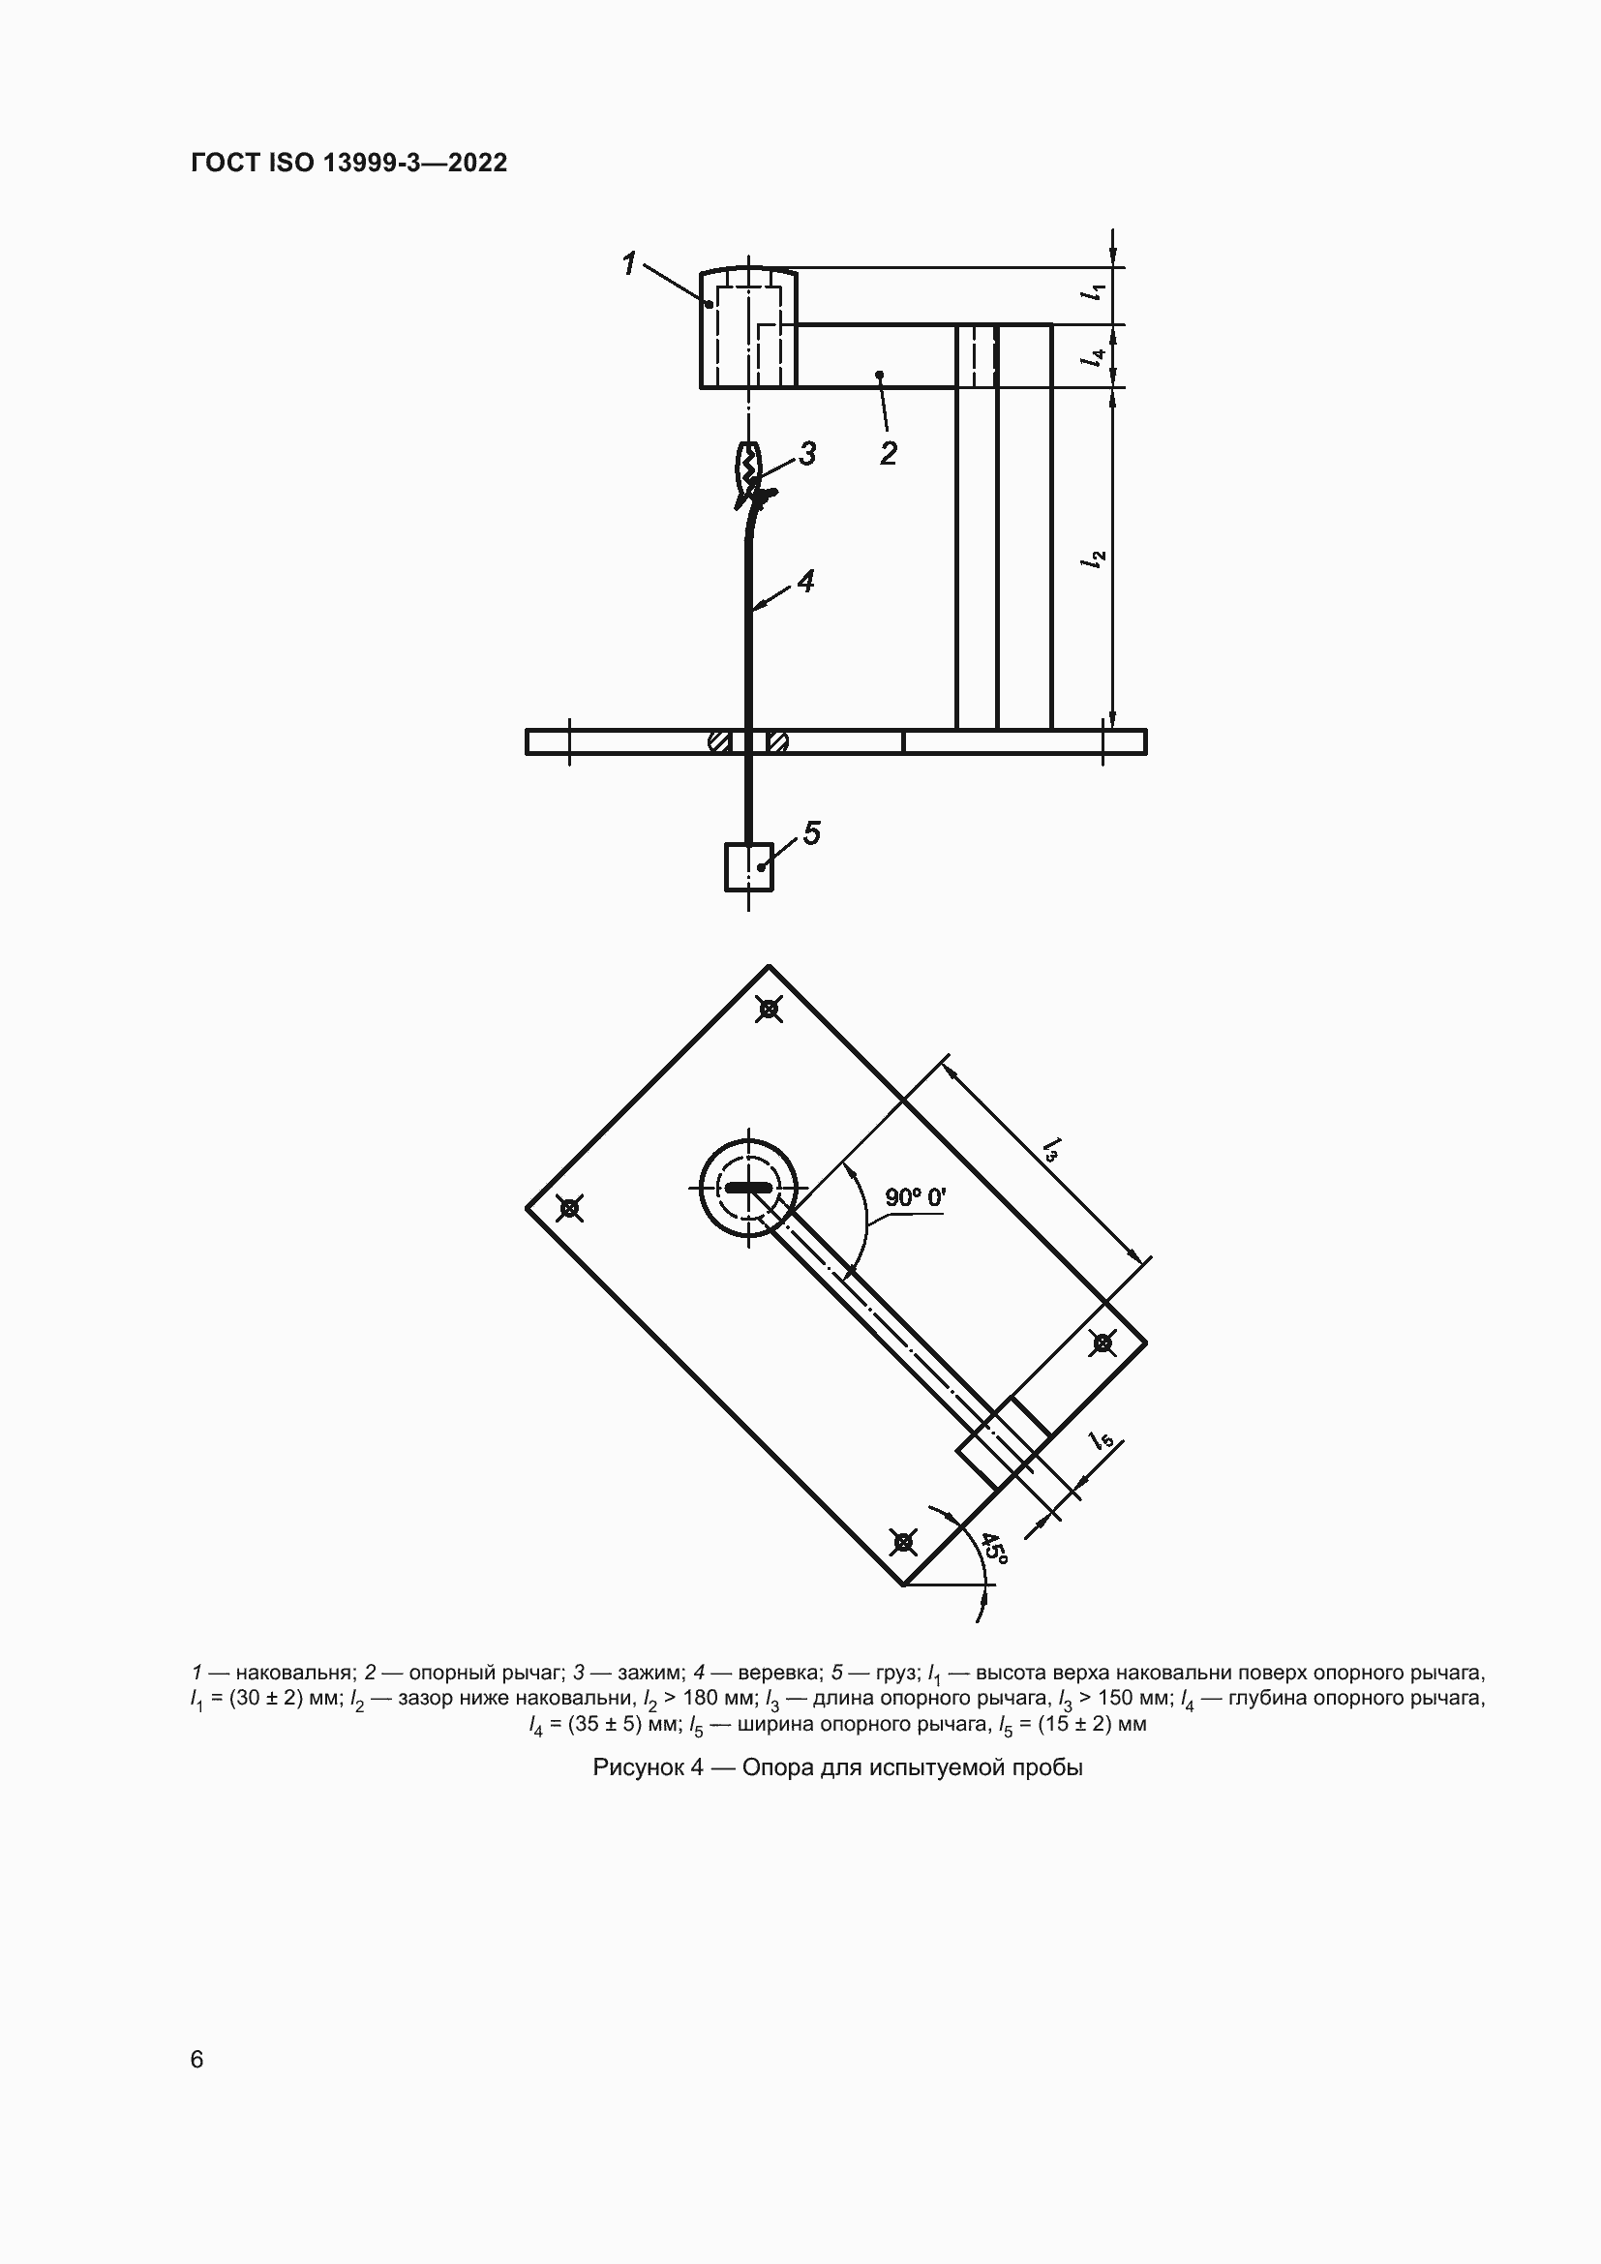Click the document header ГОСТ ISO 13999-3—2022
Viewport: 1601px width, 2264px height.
coord(348,163)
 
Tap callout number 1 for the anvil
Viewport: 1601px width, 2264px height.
coord(629,263)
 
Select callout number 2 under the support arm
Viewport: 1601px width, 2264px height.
coord(888,454)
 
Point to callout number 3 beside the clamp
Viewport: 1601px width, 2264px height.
coord(807,454)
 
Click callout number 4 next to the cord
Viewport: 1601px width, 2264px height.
coord(805,582)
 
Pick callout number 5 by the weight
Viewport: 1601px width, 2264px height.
coord(811,833)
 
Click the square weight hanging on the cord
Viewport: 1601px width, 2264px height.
coord(748,866)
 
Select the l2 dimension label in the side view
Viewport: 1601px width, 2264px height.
coord(1095,559)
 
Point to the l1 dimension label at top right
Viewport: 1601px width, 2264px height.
coord(1095,292)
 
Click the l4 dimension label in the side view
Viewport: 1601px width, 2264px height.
coord(1095,357)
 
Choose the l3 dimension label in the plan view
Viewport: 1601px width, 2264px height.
coord(1052,1149)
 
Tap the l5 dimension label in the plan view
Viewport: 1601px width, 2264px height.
coord(1103,1440)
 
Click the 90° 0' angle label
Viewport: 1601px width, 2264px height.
coord(915,1197)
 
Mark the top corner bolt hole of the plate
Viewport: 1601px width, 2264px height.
coord(769,1009)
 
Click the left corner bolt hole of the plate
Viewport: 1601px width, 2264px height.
coord(569,1207)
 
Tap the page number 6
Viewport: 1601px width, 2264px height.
coord(197,2059)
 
